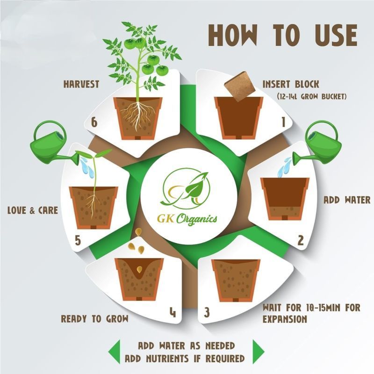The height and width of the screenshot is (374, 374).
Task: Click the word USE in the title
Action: click(336, 35)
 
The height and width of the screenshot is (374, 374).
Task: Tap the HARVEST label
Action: click(81, 84)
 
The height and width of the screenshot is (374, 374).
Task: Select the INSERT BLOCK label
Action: click(291, 84)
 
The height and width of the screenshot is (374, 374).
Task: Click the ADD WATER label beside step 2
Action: click(347, 200)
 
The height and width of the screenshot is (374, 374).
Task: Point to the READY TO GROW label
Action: click(95, 319)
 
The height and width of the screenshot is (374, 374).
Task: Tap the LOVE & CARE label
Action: click(33, 210)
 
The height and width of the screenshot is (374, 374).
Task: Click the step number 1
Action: click(283, 122)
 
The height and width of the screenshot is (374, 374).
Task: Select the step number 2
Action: click(301, 240)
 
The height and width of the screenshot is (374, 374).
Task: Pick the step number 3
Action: click(207, 312)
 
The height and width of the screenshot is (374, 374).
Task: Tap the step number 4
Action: click(173, 312)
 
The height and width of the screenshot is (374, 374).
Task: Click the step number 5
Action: click(78, 240)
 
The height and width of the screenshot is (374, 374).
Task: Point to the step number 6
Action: click(94, 122)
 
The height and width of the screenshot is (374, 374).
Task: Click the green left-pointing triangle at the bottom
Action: click(114, 352)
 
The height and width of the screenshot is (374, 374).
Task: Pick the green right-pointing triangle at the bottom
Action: click(259, 352)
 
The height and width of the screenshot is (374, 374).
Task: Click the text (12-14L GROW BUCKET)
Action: click(311, 97)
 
